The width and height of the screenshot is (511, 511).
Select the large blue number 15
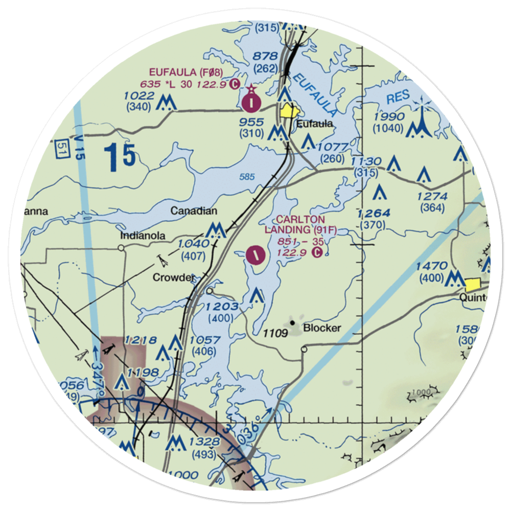pos(120,157)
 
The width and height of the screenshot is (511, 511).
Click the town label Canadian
pos(194,211)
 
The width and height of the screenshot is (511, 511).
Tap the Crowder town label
pos(174,277)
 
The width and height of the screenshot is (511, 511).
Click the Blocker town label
pos(321,328)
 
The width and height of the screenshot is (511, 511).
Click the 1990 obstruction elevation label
pos(389,117)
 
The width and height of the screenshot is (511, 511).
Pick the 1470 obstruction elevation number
pos(431,266)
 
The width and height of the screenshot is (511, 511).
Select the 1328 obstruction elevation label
pos(203,442)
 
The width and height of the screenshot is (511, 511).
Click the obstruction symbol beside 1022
pos(166,104)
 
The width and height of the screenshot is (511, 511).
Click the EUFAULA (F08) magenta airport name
pos(185,72)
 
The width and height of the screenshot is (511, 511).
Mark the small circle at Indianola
pos(122,248)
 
